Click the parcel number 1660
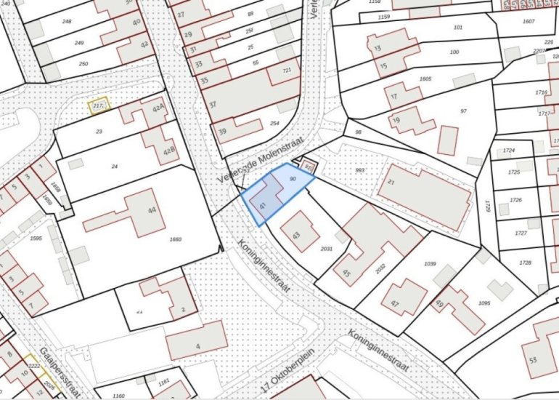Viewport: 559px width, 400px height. [174, 239]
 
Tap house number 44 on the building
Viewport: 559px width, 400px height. [152, 210]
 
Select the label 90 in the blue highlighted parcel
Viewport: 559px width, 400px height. [293, 178]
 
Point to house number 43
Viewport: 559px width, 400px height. [296, 236]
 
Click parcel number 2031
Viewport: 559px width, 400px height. [327, 249]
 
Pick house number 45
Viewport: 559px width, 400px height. [346, 273]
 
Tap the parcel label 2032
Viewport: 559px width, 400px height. [380, 266]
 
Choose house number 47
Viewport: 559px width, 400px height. [395, 303]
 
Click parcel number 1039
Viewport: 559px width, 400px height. [430, 263]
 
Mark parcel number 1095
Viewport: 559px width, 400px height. [484, 303]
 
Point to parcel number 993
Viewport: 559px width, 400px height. [359, 169]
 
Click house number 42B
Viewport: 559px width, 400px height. [169, 152]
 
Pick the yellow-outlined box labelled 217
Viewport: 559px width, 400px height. [99, 107]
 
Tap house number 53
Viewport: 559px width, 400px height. [533, 359]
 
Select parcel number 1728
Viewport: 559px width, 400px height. [525, 262]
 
